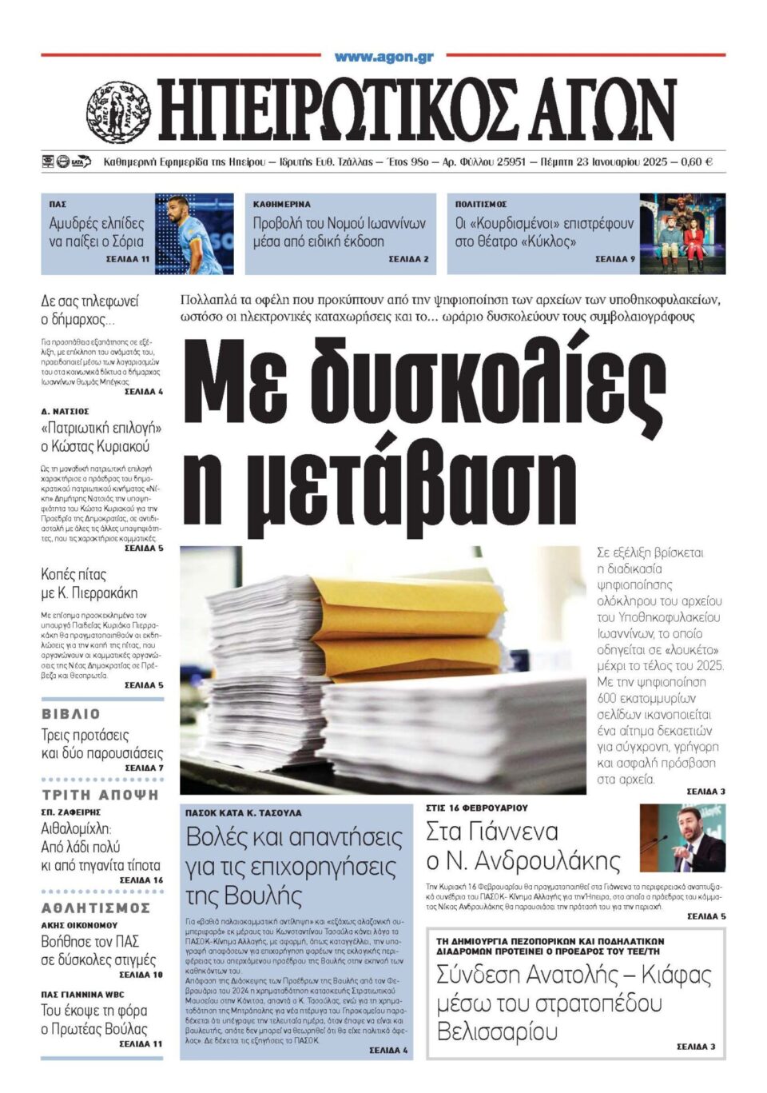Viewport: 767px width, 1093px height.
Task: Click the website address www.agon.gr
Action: [x=383, y=57]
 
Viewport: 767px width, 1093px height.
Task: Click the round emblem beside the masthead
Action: [x=118, y=112]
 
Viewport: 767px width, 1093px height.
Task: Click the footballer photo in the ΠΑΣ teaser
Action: [x=194, y=233]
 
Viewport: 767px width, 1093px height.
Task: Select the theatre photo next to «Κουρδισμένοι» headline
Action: [x=682, y=233]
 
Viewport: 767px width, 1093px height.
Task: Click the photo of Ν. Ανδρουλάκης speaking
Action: [x=682, y=838]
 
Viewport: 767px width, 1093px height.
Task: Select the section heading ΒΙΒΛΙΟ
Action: [x=71, y=714]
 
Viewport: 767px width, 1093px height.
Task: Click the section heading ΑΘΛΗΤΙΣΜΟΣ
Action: [x=96, y=908]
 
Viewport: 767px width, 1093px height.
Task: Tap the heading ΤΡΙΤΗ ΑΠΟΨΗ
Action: [x=101, y=795]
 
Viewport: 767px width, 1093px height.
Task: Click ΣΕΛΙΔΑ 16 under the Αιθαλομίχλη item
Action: [x=141, y=880]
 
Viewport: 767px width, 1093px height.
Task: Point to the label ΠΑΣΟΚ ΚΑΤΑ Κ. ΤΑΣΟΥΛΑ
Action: [x=244, y=812]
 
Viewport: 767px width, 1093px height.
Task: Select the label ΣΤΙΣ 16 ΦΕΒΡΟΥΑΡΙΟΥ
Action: [x=477, y=808]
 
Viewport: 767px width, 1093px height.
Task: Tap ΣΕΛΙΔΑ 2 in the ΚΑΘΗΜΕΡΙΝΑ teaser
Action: [x=408, y=259]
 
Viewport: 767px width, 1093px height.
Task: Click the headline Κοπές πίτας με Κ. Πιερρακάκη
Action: [x=89, y=584]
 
